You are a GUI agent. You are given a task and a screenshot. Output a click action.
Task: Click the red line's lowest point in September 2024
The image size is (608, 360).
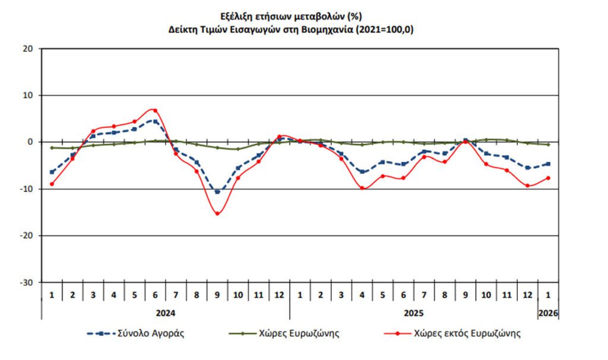pos(217,213)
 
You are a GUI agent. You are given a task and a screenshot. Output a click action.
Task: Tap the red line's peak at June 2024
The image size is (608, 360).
pos(155,110)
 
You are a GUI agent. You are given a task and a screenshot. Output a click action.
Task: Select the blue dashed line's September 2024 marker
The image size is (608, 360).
pos(217,192)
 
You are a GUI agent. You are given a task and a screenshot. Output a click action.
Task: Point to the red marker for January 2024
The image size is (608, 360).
pos(52,184)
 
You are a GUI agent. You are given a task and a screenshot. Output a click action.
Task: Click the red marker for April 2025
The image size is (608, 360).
pos(362,188)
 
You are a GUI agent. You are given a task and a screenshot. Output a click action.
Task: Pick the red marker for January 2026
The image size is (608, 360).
pos(548,178)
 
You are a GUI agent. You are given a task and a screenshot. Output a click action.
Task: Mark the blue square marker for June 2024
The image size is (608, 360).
pos(155,121)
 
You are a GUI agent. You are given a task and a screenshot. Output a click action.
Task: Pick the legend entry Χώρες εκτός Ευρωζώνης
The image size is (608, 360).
pos(467,333)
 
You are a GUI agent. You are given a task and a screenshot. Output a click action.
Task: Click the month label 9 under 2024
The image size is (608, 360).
pos(217,295)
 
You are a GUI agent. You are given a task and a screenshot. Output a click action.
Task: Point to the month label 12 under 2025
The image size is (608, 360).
pos(527,295)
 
